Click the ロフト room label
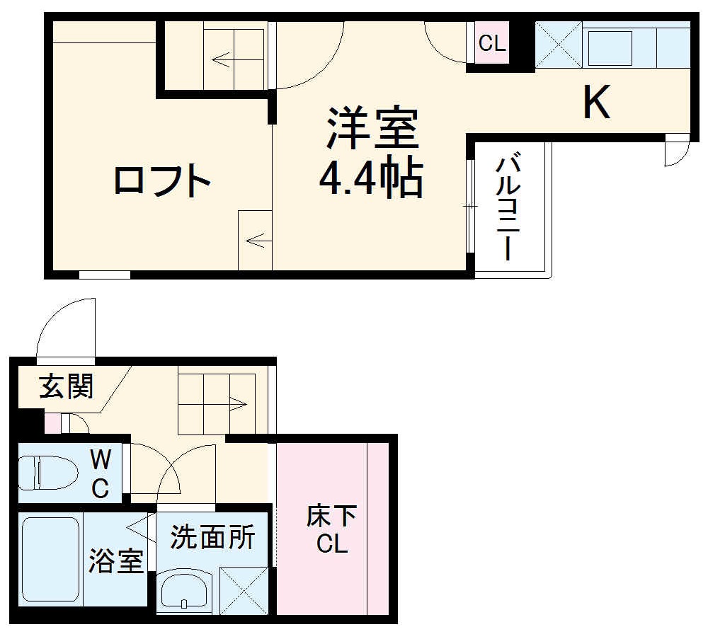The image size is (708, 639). [163, 182]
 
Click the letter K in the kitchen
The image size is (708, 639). [596, 103]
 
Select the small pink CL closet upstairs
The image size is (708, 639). [492, 44]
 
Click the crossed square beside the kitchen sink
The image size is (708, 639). [559, 45]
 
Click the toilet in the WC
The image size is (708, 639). [50, 473]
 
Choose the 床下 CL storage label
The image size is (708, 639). [331, 530]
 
